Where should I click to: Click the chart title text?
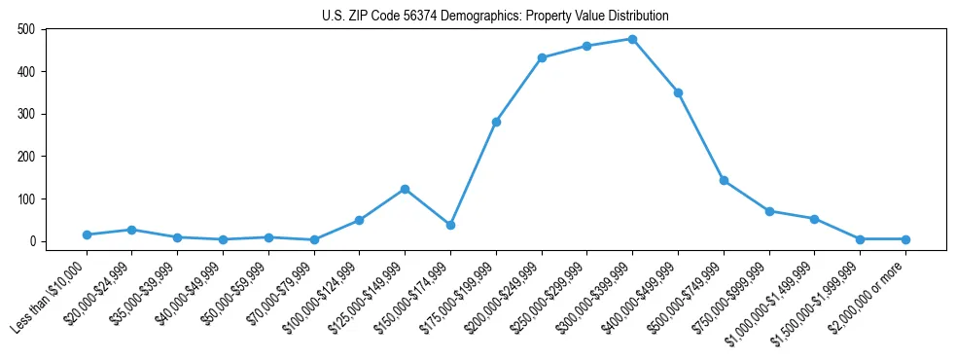[x=495, y=17]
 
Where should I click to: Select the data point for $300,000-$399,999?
[x=632, y=39]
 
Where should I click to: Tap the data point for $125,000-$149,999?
[x=405, y=189]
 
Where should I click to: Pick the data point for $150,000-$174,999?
[x=450, y=225]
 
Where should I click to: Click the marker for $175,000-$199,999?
[x=496, y=122]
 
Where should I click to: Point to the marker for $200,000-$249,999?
[x=542, y=57]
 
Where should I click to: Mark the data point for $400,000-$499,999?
[x=678, y=92]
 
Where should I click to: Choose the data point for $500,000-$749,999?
[x=724, y=180]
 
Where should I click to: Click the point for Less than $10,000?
[x=87, y=234]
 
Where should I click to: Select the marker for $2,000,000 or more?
[x=905, y=239]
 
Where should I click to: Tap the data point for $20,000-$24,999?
[x=131, y=230]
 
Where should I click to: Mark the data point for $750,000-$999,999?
[x=769, y=211]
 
